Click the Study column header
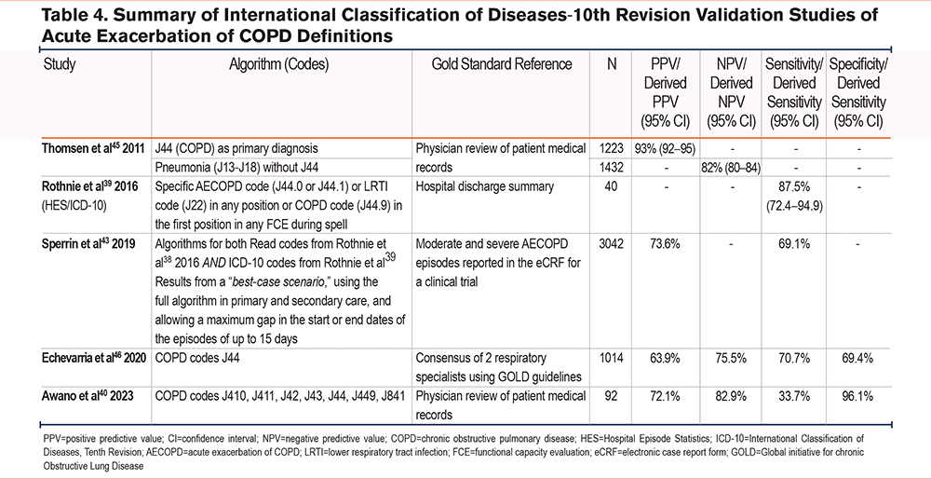click(x=60, y=64)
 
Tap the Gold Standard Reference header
click(x=502, y=64)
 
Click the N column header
click(x=612, y=64)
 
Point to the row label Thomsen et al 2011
click(x=93, y=148)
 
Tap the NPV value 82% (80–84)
click(x=731, y=168)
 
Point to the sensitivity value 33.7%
click(x=793, y=395)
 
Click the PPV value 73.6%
click(x=664, y=244)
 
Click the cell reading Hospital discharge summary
click(x=485, y=186)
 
